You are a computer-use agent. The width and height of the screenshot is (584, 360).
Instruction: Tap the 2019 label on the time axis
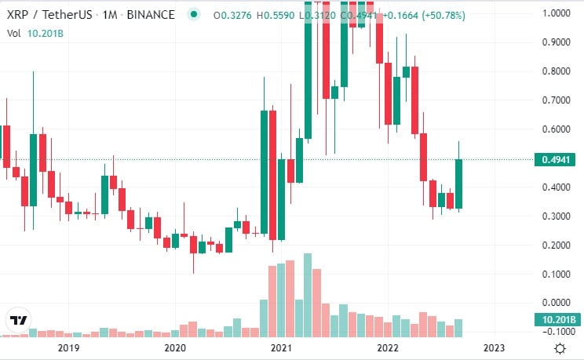click(x=69, y=347)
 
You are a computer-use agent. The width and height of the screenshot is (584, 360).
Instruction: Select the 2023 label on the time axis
click(x=494, y=347)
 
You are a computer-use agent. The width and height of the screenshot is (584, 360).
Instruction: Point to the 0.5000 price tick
click(x=554, y=158)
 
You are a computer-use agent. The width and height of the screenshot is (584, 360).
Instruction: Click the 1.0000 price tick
click(x=554, y=13)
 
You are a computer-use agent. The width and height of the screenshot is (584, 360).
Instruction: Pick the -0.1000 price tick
click(x=554, y=332)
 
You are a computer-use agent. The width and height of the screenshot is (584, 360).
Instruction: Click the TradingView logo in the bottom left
click(x=19, y=320)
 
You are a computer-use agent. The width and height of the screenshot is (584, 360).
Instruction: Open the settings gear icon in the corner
click(x=560, y=347)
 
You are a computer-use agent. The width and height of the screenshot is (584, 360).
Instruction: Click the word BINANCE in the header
click(x=151, y=14)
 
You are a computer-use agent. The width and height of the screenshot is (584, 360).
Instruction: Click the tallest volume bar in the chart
click(x=308, y=295)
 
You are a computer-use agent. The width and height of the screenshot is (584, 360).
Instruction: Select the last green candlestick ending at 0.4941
click(x=458, y=184)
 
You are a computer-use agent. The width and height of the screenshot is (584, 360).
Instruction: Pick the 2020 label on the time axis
click(x=175, y=347)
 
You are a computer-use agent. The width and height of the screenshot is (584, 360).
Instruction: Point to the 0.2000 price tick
click(x=554, y=245)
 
